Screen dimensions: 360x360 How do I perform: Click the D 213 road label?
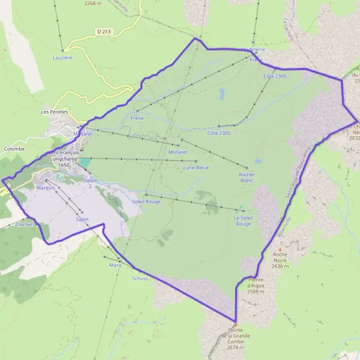pyautogui.click(x=104, y=31)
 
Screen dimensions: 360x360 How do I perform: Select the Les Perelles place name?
pyautogui.click(x=55, y=112)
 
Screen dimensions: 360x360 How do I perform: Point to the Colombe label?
pyautogui.click(x=14, y=148)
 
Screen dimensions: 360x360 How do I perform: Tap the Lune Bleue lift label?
pyautogui.click(x=196, y=167)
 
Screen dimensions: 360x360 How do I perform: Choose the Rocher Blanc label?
pyautogui.click(x=247, y=177)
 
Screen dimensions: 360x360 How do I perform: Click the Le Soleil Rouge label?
pyautogui.click(x=243, y=221)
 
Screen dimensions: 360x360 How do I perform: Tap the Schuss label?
pyautogui.click(x=139, y=278)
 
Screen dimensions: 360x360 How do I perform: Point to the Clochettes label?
pyautogui.click(x=28, y=224)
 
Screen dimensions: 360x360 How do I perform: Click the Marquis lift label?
pyautogui.click(x=46, y=188)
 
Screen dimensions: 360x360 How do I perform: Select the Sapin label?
pyautogui.click(x=82, y=220)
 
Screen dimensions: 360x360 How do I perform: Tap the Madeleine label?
pyautogui.click(x=253, y=50)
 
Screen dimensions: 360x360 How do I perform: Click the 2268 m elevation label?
pyautogui.click(x=93, y=3)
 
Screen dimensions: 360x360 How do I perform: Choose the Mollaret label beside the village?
pyautogui.click(x=83, y=134)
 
